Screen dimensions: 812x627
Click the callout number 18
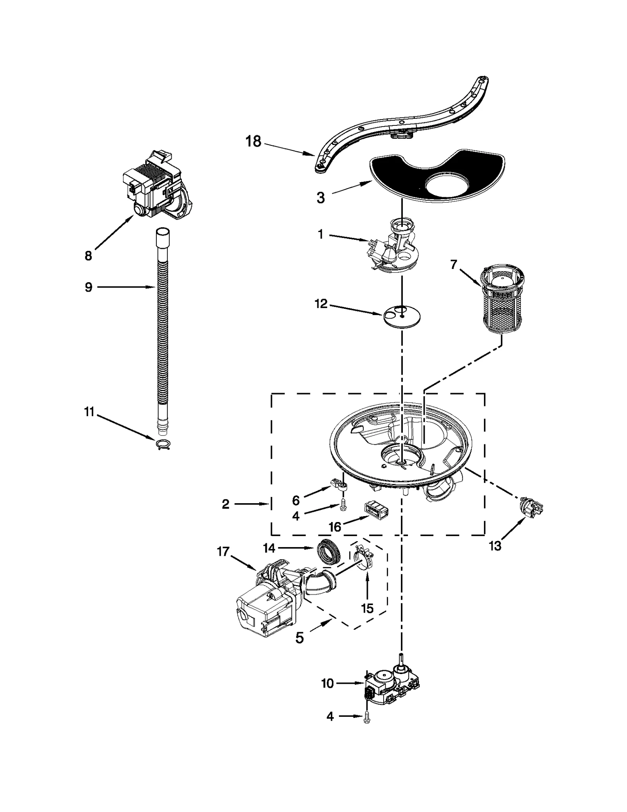pos(253,141)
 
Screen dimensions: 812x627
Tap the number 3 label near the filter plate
pos(321,198)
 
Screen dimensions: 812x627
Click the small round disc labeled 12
pos(402,315)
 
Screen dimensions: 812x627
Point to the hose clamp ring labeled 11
pos(163,444)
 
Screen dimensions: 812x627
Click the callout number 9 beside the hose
pos(89,287)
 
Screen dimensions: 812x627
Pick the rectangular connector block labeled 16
pos(376,511)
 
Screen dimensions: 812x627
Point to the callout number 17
pos(223,552)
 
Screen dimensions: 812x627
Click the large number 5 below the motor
pos(299,638)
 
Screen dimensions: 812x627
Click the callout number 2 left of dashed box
pos(225,504)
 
